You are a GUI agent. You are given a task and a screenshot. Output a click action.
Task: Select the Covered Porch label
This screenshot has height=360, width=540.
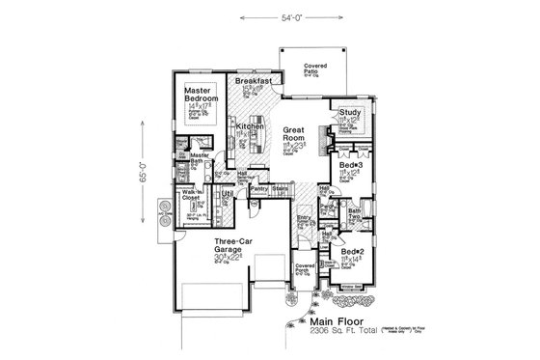pos(306,265)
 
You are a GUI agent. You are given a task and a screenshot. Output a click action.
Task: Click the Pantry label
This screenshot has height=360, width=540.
pos(258,188)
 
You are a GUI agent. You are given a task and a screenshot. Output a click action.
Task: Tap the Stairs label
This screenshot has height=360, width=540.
pos(281,188)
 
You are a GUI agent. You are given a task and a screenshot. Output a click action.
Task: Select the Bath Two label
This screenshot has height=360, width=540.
pos(354,214)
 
